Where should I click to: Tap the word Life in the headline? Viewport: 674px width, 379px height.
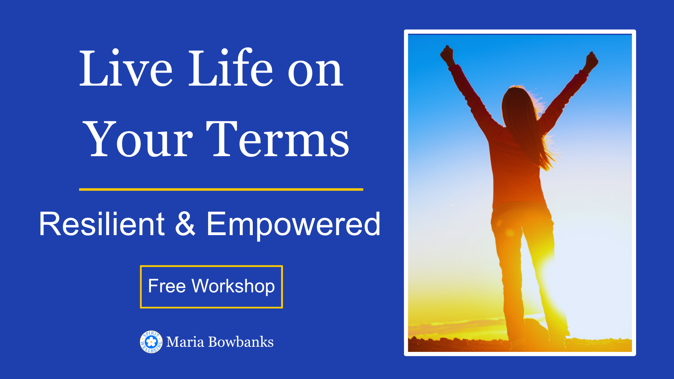(231, 67)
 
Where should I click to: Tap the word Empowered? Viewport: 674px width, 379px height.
(293, 225)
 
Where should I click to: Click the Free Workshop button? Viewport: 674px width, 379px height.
(211, 287)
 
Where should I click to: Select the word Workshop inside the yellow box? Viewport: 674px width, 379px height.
(233, 286)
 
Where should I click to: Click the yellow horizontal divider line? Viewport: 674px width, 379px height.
(221, 189)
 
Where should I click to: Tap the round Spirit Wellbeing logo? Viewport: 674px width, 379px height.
(151, 341)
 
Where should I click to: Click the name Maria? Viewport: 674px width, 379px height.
(185, 342)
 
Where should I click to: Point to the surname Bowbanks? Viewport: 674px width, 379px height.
(241, 342)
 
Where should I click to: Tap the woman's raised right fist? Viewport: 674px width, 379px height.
(592, 60)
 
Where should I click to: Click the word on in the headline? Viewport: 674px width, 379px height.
(315, 72)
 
